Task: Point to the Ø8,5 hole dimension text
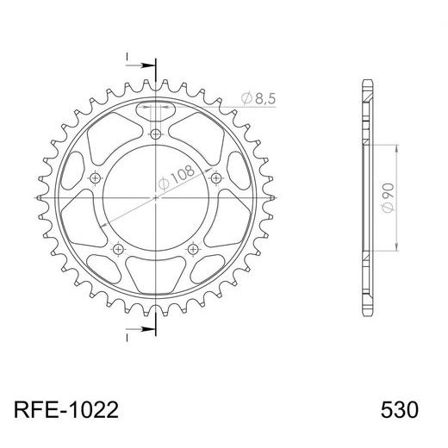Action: point(258,100)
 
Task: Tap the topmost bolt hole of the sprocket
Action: point(156,134)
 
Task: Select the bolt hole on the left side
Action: point(96,177)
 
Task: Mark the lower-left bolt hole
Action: point(119,248)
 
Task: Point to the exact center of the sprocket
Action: point(156,197)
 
